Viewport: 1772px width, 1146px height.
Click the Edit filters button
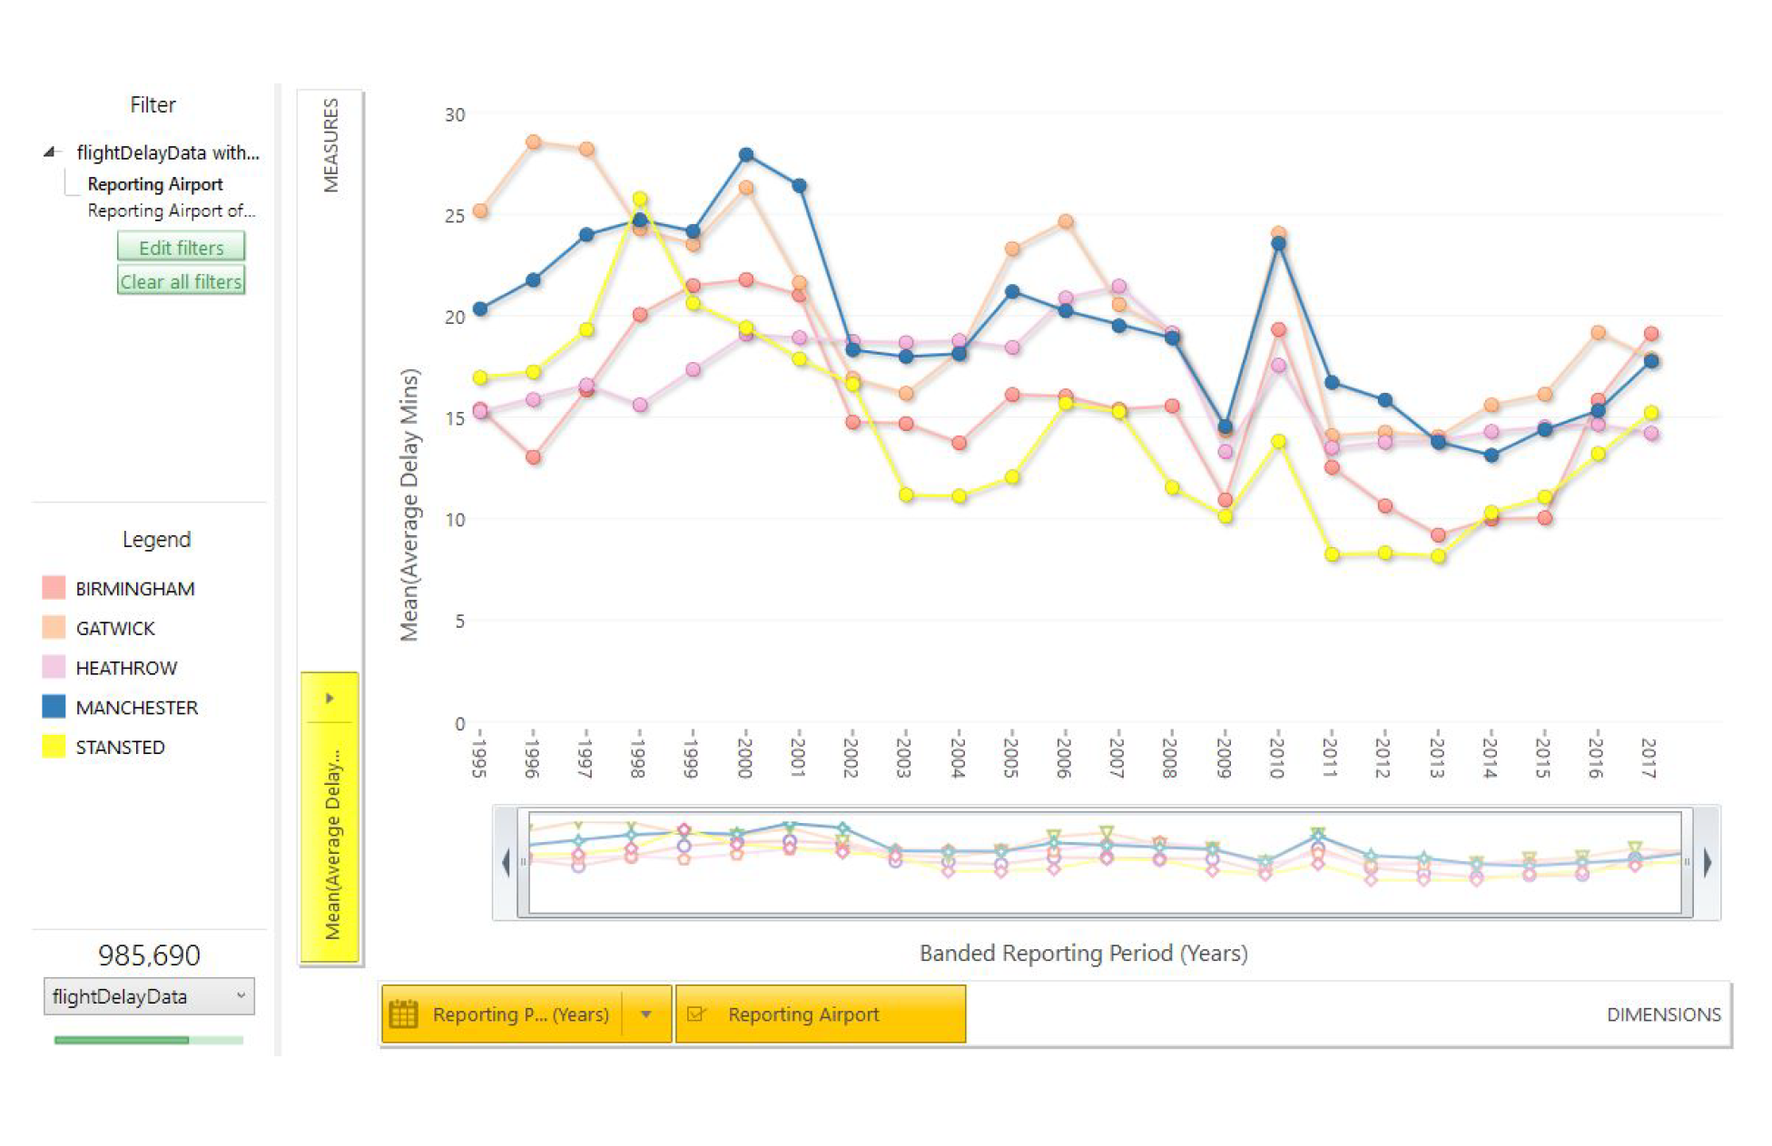click(x=181, y=247)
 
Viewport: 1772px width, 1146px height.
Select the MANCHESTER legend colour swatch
click(x=54, y=707)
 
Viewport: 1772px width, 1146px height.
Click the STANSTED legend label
click(x=120, y=748)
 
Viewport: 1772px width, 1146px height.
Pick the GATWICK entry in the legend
click(x=114, y=628)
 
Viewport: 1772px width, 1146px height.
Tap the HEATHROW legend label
click(x=126, y=668)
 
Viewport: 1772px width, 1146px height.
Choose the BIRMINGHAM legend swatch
click(x=54, y=588)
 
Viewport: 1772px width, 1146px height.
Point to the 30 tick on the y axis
click(x=455, y=115)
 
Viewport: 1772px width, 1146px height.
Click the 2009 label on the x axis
click(x=1224, y=753)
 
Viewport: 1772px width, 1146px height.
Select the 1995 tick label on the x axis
click(x=479, y=753)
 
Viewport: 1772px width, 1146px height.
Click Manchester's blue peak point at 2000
click(x=746, y=155)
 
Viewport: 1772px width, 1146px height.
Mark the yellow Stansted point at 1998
click(x=640, y=200)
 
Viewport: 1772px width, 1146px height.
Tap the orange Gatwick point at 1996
click(x=534, y=142)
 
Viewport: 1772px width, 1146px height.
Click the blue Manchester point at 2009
click(x=1225, y=426)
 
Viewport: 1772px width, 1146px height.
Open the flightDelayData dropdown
click(x=149, y=996)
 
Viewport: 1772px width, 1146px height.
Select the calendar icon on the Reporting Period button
click(x=403, y=1014)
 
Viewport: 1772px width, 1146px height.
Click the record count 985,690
click(x=149, y=955)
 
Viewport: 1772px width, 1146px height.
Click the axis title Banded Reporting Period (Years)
click(x=1083, y=954)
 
